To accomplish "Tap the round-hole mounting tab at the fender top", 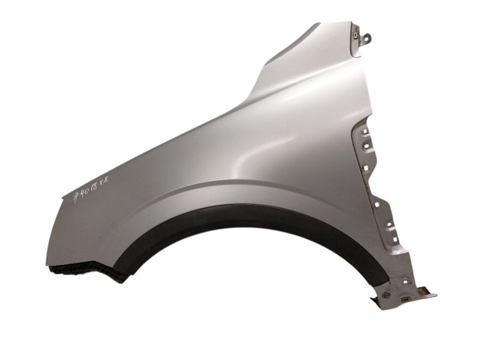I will (365, 38).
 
